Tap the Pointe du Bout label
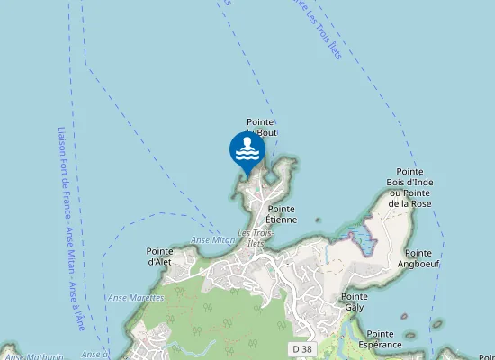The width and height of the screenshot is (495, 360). click(x=261, y=127)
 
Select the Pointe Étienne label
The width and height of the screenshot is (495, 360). click(x=282, y=214)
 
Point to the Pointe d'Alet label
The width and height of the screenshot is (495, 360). click(x=159, y=256)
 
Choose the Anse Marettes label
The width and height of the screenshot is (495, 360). click(x=136, y=297)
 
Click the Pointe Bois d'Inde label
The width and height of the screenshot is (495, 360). click(x=409, y=187)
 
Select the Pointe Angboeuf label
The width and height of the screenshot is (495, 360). click(x=418, y=259)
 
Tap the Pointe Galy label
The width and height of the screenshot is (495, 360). click(x=354, y=301)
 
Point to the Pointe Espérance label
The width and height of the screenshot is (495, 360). click(x=380, y=339)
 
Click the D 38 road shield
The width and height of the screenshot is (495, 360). click(x=301, y=348)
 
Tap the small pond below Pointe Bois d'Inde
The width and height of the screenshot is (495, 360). click(x=364, y=238)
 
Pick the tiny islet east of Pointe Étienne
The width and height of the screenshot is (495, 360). click(x=318, y=220)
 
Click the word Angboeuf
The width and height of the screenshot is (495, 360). click(x=418, y=265)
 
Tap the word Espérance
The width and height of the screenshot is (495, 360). click(x=380, y=345)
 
